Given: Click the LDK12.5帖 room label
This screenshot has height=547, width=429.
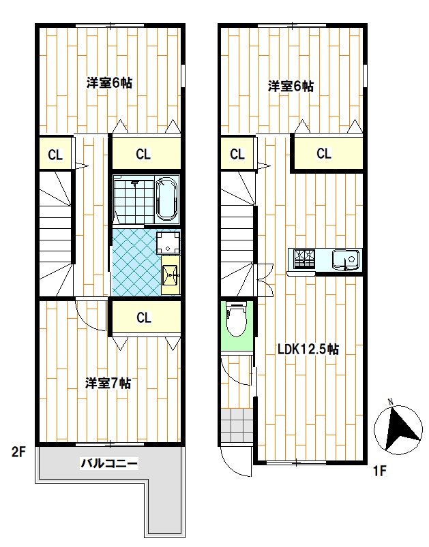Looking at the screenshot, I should tap(308, 349).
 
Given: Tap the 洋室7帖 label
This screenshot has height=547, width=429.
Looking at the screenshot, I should tap(108, 383).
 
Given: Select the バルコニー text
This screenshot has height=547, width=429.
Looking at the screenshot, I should tap(110, 465).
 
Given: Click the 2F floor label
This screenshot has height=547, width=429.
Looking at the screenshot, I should tap(18, 451).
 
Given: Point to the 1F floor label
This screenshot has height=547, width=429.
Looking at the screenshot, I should tap(380, 470).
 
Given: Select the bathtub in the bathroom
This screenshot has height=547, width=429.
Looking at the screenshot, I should tap(166, 198).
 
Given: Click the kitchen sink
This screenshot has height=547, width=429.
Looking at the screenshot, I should tap(345, 260).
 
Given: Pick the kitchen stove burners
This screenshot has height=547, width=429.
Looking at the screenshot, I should tap(304, 259).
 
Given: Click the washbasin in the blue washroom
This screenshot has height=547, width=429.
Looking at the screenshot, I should tap(171, 277).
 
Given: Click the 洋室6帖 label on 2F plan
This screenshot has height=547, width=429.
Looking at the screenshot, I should tap(109, 83).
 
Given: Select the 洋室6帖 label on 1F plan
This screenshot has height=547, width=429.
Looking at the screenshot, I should tap(291, 86).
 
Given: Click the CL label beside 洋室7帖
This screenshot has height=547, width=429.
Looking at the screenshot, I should tap(143, 317).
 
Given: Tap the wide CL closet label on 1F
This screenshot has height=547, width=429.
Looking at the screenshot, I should tap(324, 153).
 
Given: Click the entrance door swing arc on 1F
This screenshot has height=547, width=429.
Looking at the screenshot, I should tap(236, 464).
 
